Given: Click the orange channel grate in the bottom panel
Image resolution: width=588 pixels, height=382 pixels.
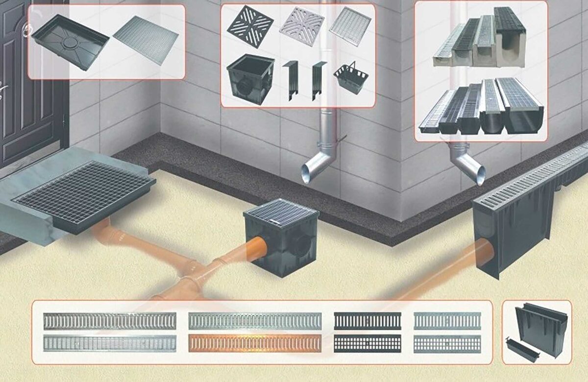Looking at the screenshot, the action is (x=255, y=343).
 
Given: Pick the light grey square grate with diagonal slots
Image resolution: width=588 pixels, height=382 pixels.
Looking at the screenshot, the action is (x=302, y=26).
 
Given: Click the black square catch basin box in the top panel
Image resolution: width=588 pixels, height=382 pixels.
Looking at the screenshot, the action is (x=249, y=78).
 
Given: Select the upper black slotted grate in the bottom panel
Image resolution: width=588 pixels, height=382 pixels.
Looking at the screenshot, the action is (x=367, y=321).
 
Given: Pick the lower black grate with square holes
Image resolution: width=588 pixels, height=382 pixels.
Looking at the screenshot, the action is (x=367, y=343).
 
